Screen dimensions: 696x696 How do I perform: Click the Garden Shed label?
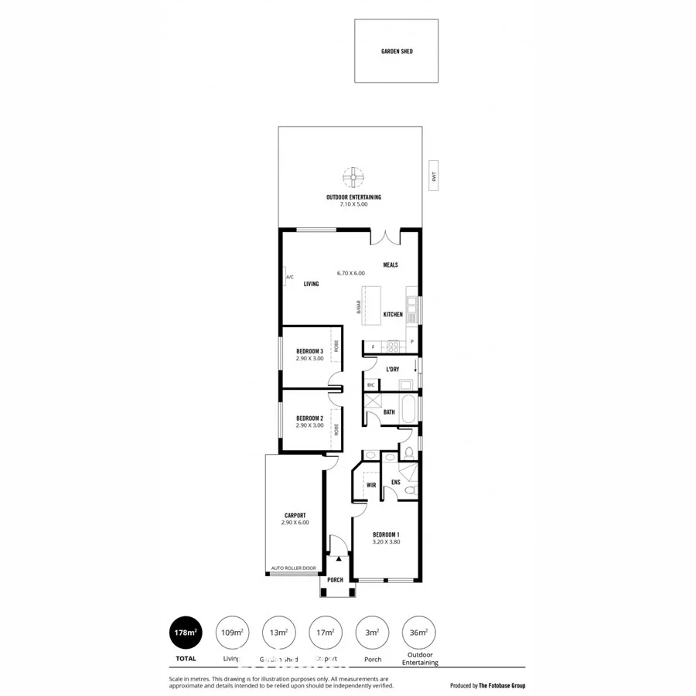(396, 51)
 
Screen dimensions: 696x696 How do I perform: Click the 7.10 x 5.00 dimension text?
(353, 204)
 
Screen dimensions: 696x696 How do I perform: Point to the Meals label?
(391, 264)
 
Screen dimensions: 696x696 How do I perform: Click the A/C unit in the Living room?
(288, 277)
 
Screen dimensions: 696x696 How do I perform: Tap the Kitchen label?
(393, 315)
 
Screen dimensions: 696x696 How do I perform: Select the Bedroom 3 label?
(309, 352)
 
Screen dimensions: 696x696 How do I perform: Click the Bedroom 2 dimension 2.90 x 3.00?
(309, 425)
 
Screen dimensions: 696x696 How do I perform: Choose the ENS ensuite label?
(395, 483)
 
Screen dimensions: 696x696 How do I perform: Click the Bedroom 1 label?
(386, 535)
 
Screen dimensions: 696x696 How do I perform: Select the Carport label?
(295, 515)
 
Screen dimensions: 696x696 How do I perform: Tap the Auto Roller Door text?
(293, 568)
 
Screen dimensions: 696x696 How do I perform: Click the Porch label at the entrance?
(335, 580)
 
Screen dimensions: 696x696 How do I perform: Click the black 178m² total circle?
(185, 633)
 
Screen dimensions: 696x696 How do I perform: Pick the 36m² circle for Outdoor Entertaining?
(419, 633)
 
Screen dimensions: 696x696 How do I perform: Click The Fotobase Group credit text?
(502, 685)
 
